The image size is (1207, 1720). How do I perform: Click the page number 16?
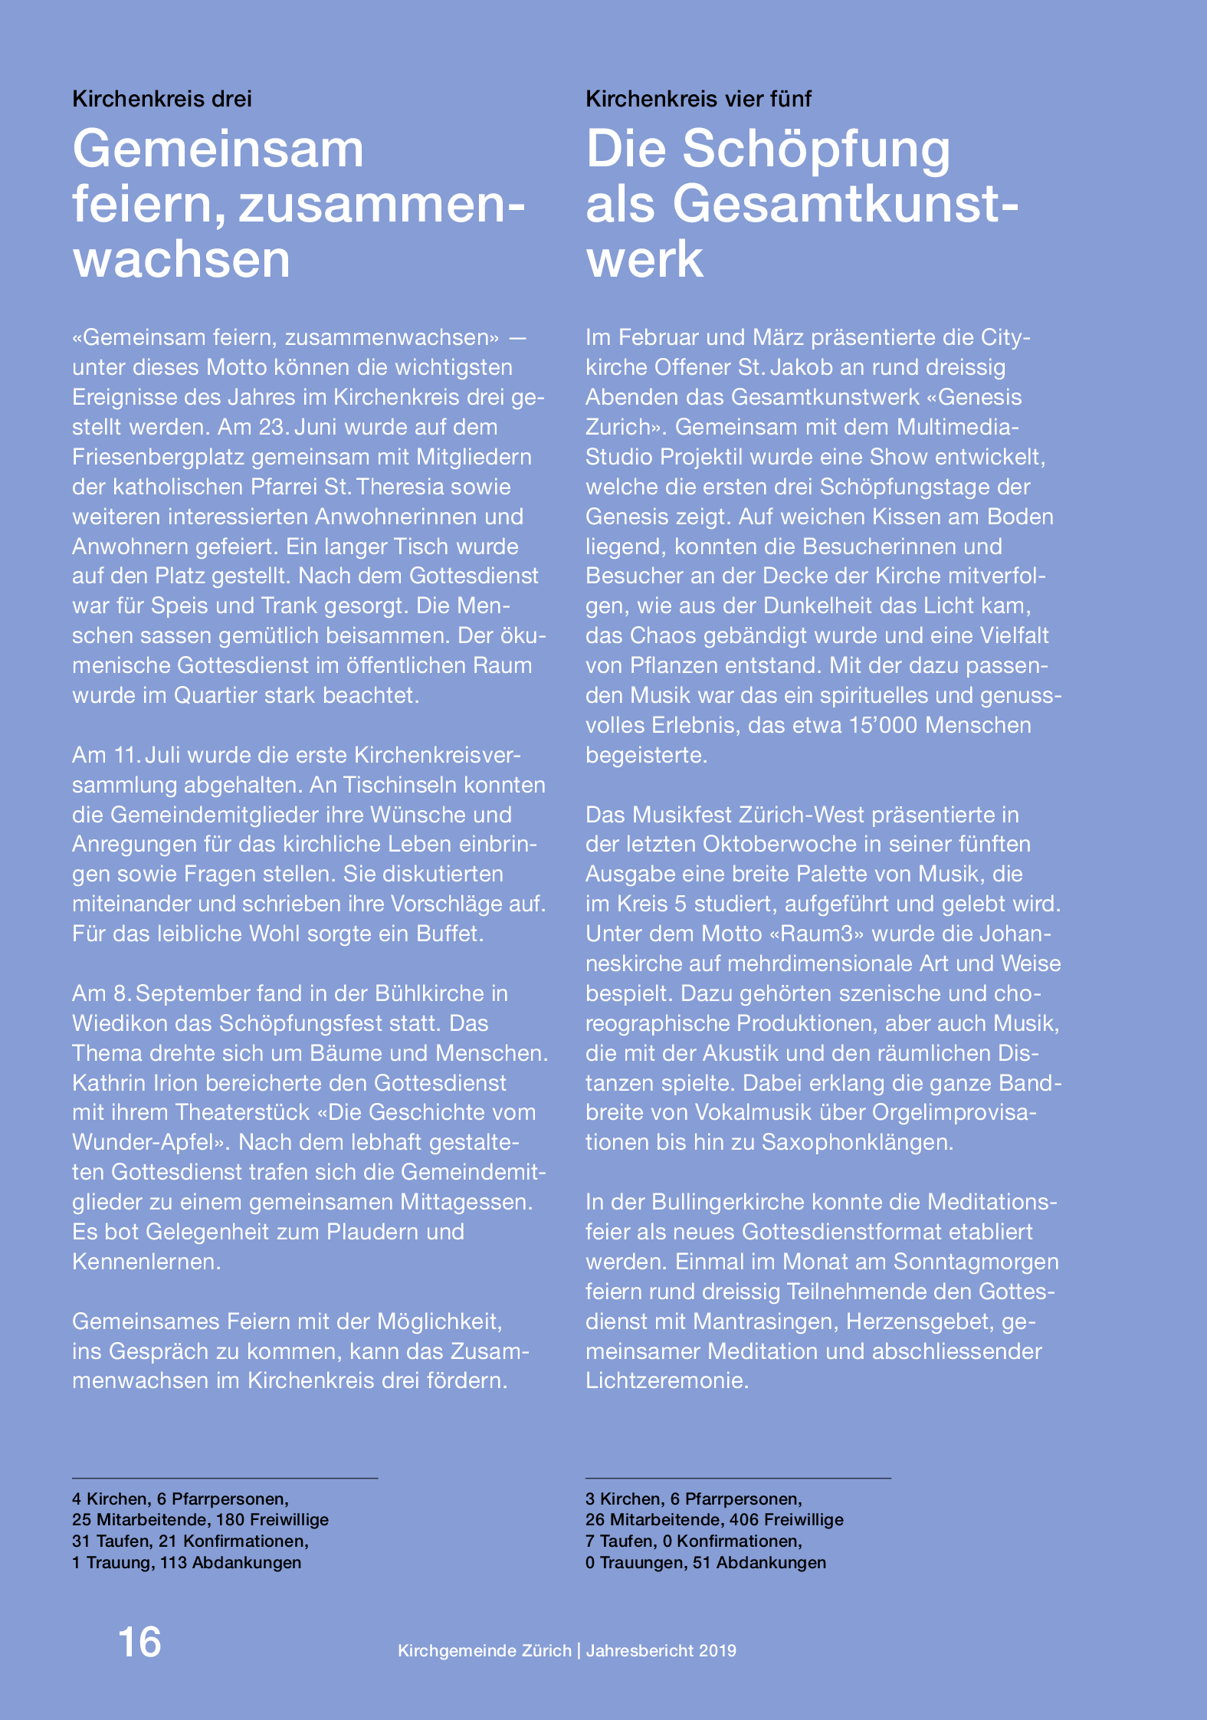pyautogui.click(x=139, y=1643)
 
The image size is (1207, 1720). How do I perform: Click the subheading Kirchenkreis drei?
pyautogui.click(x=162, y=99)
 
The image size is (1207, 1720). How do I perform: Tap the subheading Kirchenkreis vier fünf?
pyautogui.click(x=698, y=99)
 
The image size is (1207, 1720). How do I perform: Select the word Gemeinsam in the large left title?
pyautogui.click(x=218, y=149)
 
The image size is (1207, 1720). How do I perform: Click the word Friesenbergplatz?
pyautogui.click(x=158, y=457)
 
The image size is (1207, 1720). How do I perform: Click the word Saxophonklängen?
pyautogui.click(x=858, y=1142)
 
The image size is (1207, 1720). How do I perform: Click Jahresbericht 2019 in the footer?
pyautogui.click(x=661, y=1650)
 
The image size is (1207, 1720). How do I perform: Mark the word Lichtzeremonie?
pyautogui.click(x=667, y=1380)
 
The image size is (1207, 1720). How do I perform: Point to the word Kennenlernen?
pyautogui.click(x=146, y=1262)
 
